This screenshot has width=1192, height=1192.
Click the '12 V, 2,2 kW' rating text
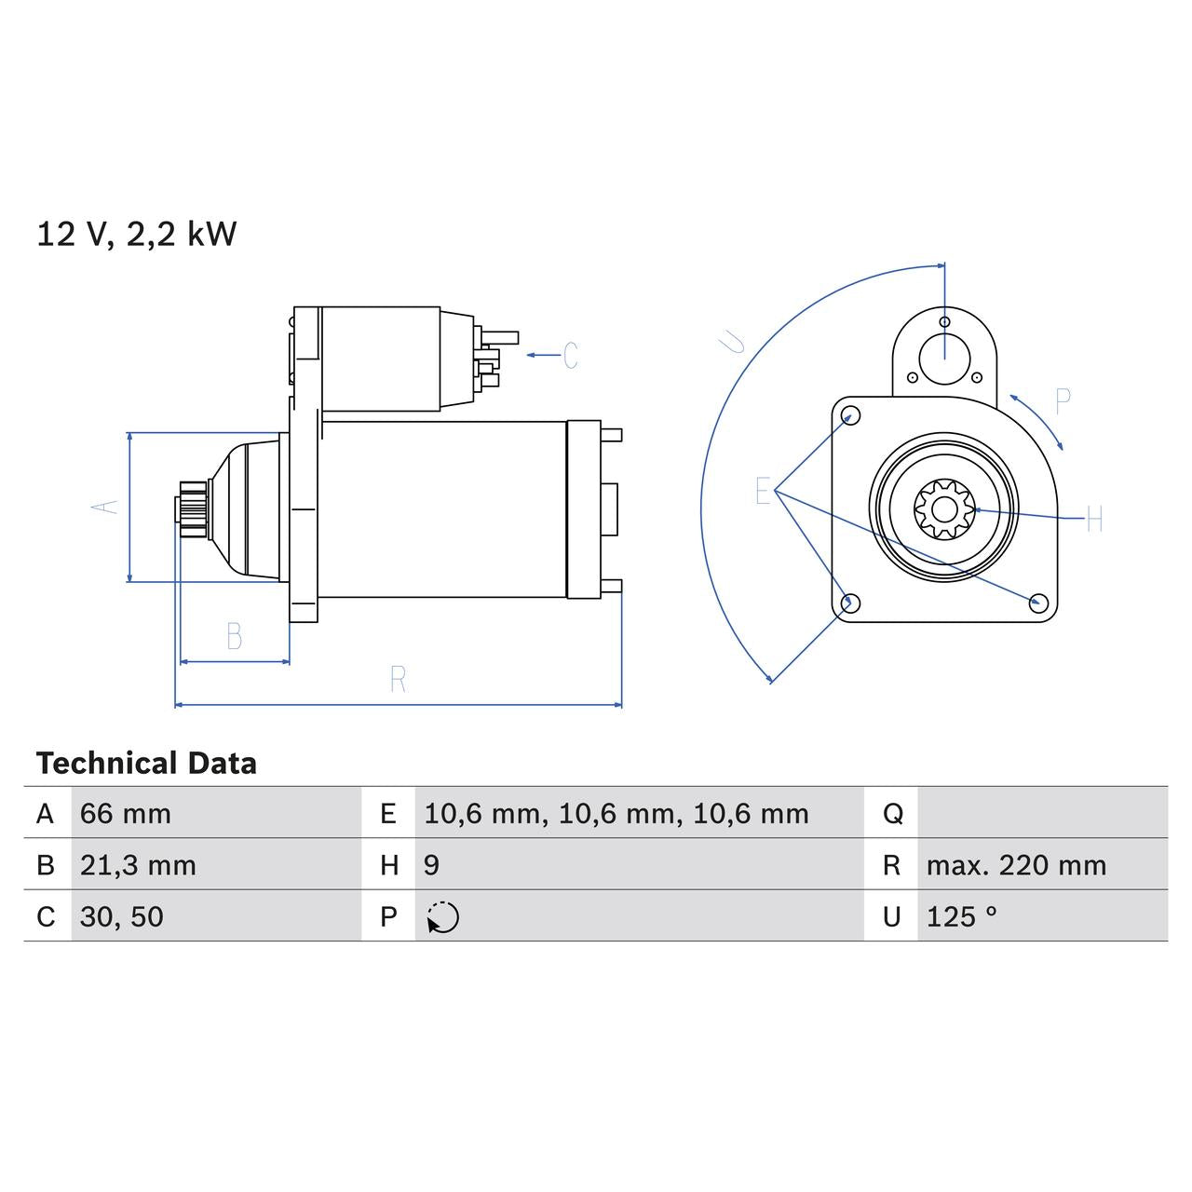click(136, 234)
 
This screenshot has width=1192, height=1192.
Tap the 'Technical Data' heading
click(146, 764)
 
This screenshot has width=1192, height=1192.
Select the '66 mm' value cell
click(126, 814)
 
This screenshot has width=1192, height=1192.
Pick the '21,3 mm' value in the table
click(138, 865)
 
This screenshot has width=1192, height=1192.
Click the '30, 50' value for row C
click(122, 917)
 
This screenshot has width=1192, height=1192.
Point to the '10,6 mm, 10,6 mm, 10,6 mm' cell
click(616, 814)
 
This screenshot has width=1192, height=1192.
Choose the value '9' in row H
click(431, 865)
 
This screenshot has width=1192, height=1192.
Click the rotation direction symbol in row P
click(443, 917)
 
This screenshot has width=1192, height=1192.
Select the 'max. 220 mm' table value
click(1016, 865)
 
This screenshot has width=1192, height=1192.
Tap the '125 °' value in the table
click(961, 917)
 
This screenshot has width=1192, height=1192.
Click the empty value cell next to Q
click(1041, 814)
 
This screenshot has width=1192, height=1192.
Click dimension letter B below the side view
click(235, 637)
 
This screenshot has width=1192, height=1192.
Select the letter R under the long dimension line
click(398, 680)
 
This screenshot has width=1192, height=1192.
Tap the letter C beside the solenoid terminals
click(570, 356)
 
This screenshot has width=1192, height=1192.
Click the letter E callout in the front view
click(763, 491)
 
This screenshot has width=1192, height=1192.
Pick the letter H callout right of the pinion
click(1094, 520)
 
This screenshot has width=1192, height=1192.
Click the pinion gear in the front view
click(943, 508)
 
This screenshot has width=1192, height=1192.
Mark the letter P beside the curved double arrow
click(1063, 401)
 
